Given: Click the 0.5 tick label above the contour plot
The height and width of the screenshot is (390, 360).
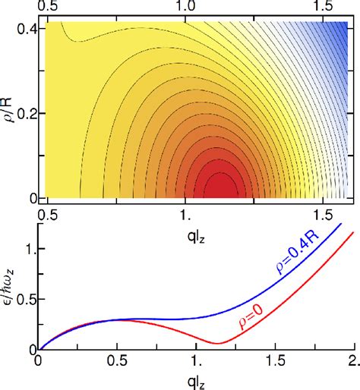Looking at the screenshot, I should pyautogui.click(x=48, y=7).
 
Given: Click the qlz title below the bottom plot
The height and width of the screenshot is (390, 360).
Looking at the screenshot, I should pyautogui.click(x=193, y=379).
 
